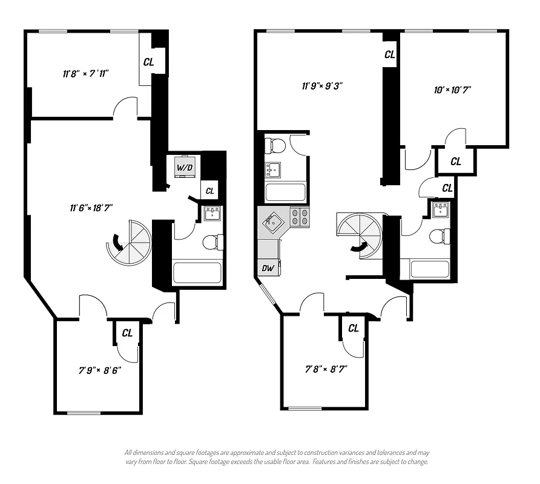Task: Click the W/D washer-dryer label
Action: (183, 167)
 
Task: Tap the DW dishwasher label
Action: (267, 268)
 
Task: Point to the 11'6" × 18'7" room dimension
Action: (91, 208)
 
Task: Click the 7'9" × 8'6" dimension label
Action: (99, 370)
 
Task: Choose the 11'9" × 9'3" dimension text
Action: (323, 86)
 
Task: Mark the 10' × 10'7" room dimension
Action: (452, 90)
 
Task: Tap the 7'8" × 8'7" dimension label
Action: (326, 367)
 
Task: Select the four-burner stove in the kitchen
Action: (300, 217)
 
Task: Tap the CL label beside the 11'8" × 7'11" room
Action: (148, 62)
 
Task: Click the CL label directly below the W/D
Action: (209, 191)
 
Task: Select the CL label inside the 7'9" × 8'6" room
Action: (127, 333)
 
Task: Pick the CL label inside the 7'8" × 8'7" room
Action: (354, 328)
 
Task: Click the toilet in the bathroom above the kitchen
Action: (277, 146)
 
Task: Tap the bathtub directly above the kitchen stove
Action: (286, 192)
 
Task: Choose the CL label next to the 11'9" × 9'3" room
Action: (390, 54)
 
